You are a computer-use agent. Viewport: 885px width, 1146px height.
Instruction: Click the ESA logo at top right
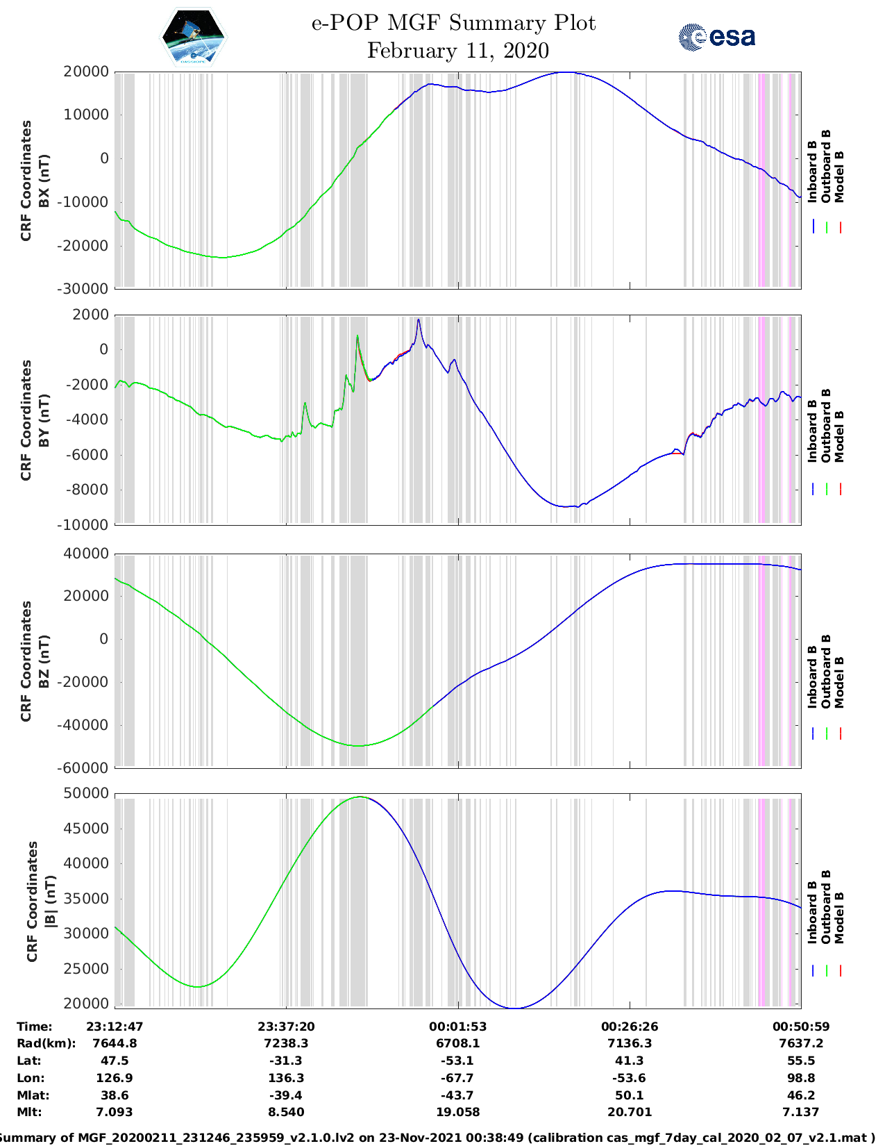tap(717, 37)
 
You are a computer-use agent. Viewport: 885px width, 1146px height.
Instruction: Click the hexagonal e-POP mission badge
tap(193, 38)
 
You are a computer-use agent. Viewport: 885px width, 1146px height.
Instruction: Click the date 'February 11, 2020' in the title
tap(457, 51)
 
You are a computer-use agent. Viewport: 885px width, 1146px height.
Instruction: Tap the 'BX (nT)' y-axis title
tap(43, 181)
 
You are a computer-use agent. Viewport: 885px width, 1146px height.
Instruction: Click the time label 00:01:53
tap(457, 1027)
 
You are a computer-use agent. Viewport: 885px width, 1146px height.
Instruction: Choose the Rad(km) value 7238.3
tap(286, 1043)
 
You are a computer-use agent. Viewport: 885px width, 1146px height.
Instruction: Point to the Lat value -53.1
tap(457, 1061)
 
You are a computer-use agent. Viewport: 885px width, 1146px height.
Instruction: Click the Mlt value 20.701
tap(629, 1112)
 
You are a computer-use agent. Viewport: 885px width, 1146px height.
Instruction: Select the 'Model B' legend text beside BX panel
tap(839, 176)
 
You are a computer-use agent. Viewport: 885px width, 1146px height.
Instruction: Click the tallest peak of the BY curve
tap(419, 320)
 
